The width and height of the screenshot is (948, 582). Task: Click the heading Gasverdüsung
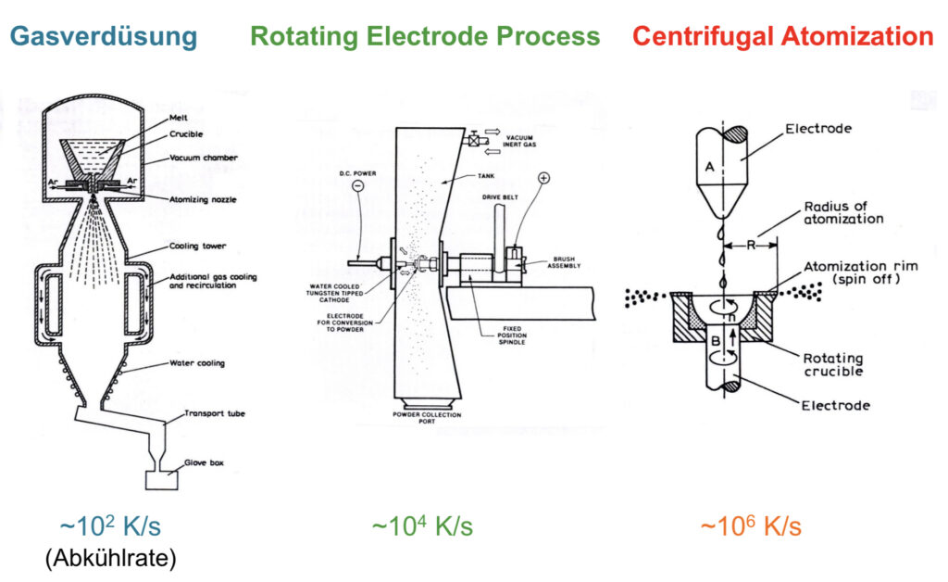(104, 37)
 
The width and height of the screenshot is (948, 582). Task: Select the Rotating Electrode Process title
(425, 36)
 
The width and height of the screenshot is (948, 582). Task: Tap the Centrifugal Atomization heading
(783, 36)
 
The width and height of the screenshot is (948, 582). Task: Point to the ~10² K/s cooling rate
(110, 525)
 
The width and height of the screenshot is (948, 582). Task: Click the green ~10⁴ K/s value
(422, 525)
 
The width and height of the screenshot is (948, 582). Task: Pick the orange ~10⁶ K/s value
(751, 525)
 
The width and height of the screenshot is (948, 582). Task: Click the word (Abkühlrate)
(111, 558)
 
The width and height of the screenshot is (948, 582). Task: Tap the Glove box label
(204, 462)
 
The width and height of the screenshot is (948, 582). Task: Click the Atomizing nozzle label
(203, 199)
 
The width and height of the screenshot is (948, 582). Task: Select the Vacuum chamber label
(203, 158)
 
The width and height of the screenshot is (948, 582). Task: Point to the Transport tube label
(215, 414)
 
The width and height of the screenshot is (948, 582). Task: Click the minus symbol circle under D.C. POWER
(358, 186)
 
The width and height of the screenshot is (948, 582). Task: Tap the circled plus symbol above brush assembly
(544, 178)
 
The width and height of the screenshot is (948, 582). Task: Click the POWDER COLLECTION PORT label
(427, 418)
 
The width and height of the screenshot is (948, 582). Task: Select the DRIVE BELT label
(500, 197)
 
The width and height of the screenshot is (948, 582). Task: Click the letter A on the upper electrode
(710, 167)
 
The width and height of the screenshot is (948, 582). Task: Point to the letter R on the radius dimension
(751, 245)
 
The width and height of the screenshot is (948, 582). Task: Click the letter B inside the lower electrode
(716, 341)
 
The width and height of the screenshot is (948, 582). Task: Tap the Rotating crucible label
(832, 365)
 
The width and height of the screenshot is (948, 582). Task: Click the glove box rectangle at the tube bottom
(162, 480)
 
